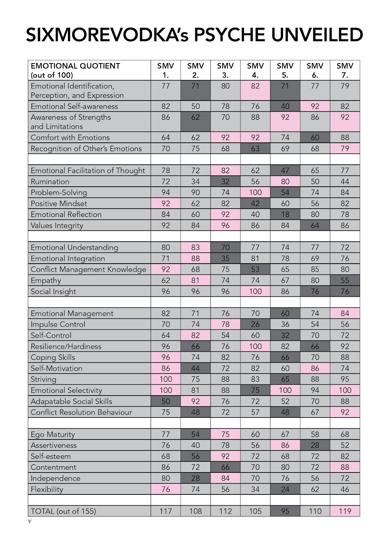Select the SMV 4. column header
coord(255,70)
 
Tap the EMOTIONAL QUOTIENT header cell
coord(75,70)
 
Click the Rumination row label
coord(50,182)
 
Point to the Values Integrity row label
coord(57,225)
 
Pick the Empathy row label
coord(46,280)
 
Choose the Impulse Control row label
coord(58,324)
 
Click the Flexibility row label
coord(47,489)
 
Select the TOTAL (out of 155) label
coord(63,511)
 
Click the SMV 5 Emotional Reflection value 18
coord(285,214)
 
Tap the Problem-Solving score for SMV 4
coord(255,192)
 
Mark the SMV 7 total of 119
coord(345,511)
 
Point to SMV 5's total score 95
coord(285,511)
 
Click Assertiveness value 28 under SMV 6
coord(315,445)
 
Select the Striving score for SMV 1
coord(165,379)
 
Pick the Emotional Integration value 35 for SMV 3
coord(225,259)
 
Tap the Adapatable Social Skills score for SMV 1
coord(165,401)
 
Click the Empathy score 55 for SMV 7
coord(345,280)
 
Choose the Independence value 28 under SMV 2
coord(196,478)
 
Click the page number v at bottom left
coord(30,521)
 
